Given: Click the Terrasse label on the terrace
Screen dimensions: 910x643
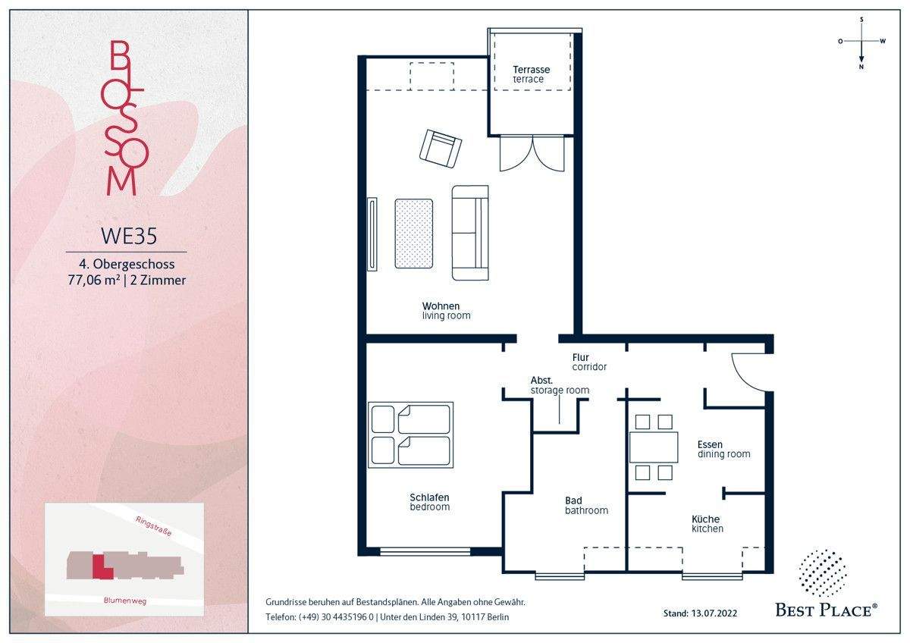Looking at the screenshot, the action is pyautogui.click(x=531, y=70).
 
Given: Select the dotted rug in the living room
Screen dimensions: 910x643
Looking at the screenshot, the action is pyautogui.click(x=413, y=234).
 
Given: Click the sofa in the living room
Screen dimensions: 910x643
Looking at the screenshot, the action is pyautogui.click(x=470, y=233).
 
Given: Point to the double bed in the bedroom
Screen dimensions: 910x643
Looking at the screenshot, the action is pyautogui.click(x=410, y=435).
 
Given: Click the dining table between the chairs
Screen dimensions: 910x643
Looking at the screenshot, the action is pyautogui.click(x=654, y=447).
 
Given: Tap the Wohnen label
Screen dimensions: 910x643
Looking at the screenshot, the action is pyautogui.click(x=441, y=306).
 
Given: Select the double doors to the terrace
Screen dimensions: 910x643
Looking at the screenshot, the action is pyautogui.click(x=532, y=153).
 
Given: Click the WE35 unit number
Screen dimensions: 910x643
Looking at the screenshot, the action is pyautogui.click(x=129, y=236).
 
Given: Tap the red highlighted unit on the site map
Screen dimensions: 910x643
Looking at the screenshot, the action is pyautogui.click(x=101, y=566).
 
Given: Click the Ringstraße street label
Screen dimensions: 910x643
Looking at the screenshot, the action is pyautogui.click(x=153, y=526).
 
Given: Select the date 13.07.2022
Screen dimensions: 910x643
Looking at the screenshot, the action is pyautogui.click(x=714, y=613).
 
